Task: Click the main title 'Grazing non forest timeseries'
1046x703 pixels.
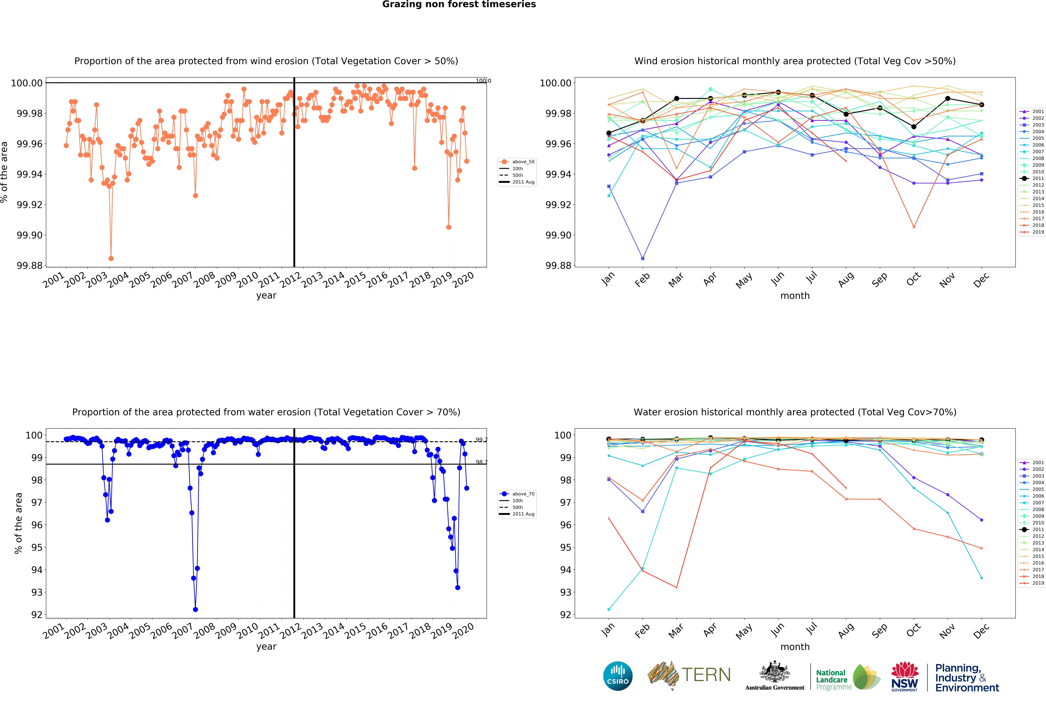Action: (459, 5)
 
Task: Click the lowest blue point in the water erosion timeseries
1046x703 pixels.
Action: (195, 609)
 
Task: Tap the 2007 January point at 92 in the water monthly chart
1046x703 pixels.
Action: (609, 609)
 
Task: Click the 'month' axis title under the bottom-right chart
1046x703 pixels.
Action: (795, 647)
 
